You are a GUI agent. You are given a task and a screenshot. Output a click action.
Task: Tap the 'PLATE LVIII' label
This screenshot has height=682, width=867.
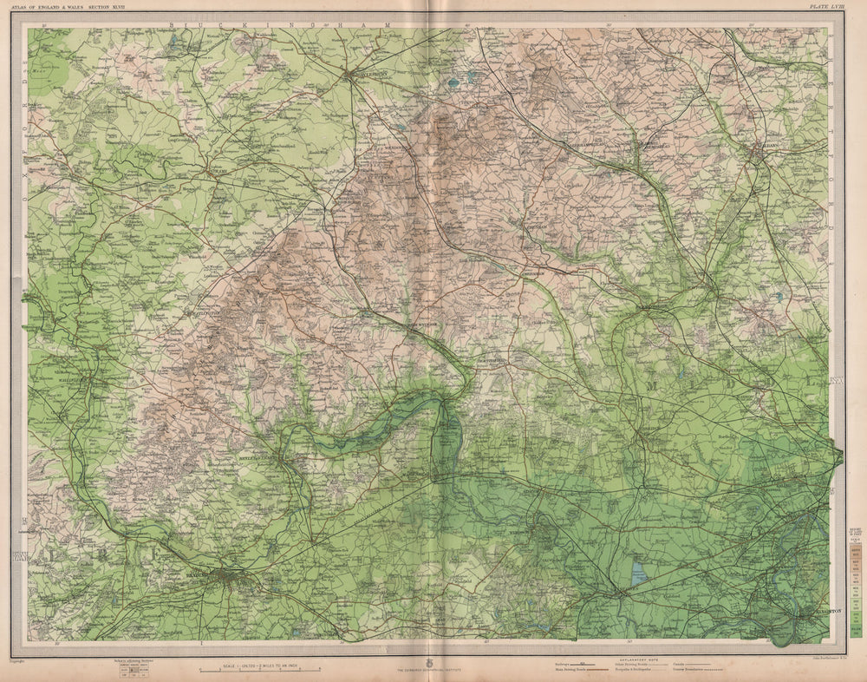click(825, 6)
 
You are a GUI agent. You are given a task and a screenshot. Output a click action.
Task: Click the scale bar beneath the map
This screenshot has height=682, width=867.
click(260, 670)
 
